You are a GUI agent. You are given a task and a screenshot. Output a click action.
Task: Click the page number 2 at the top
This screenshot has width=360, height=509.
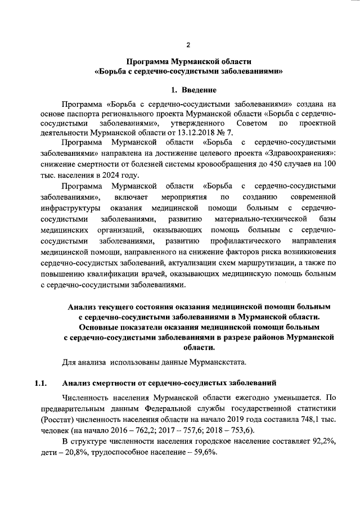[189, 44]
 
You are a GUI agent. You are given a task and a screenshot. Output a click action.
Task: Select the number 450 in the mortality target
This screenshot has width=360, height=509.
[273, 163]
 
